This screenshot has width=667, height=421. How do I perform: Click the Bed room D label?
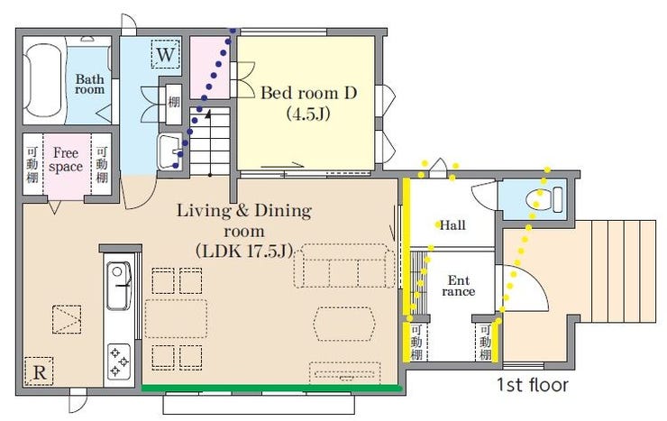pos(308,93)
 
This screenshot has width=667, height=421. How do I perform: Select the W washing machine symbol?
pos(166,54)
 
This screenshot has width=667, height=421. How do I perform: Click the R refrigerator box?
pos(39,371)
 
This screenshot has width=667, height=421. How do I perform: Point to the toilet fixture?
pos(544,199)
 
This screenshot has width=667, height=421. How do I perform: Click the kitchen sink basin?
pos(119,286)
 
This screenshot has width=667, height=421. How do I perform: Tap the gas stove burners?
pos(119,362)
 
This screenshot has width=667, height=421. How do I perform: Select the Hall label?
pos(452,225)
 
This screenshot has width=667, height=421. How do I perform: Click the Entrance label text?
pos(458,286)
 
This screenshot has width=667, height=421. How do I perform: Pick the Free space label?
pos(66,160)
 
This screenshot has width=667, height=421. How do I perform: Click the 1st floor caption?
pos(533,385)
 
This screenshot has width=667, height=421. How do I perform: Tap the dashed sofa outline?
pos(344,266)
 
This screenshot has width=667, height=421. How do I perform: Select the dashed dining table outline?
pos(176,319)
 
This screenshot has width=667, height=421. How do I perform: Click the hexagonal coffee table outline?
pos(344,324)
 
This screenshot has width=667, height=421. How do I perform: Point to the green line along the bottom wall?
pos(272,388)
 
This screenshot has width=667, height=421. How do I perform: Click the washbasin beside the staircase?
pos(169,151)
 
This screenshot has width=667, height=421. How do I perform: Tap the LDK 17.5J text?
pos(244,251)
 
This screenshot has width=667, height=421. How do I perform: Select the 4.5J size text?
pos(308,114)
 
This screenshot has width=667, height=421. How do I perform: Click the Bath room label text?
pos(90,84)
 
